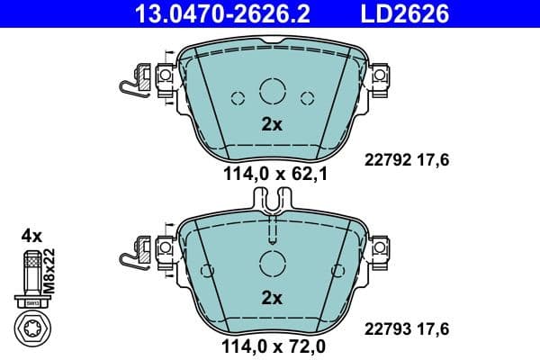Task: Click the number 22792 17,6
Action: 405,159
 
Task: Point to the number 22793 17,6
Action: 405,329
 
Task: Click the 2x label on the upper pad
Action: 272,125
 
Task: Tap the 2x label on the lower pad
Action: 272,298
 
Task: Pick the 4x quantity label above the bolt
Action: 31,236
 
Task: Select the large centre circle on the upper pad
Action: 272,91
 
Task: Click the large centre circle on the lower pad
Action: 272,263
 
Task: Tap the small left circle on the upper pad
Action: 238,99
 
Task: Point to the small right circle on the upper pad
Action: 306,99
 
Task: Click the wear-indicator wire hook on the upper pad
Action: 131,85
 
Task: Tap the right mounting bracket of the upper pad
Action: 381,78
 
